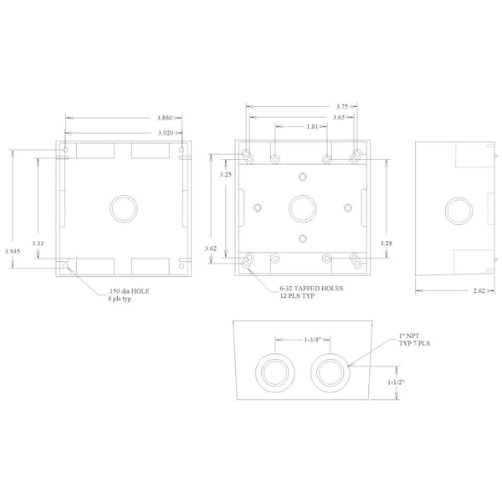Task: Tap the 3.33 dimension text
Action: [x=38, y=243]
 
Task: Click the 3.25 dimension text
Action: [x=225, y=174]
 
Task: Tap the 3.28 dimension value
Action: [x=386, y=243]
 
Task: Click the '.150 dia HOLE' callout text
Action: [x=130, y=294]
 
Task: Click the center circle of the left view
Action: [x=125, y=207]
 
